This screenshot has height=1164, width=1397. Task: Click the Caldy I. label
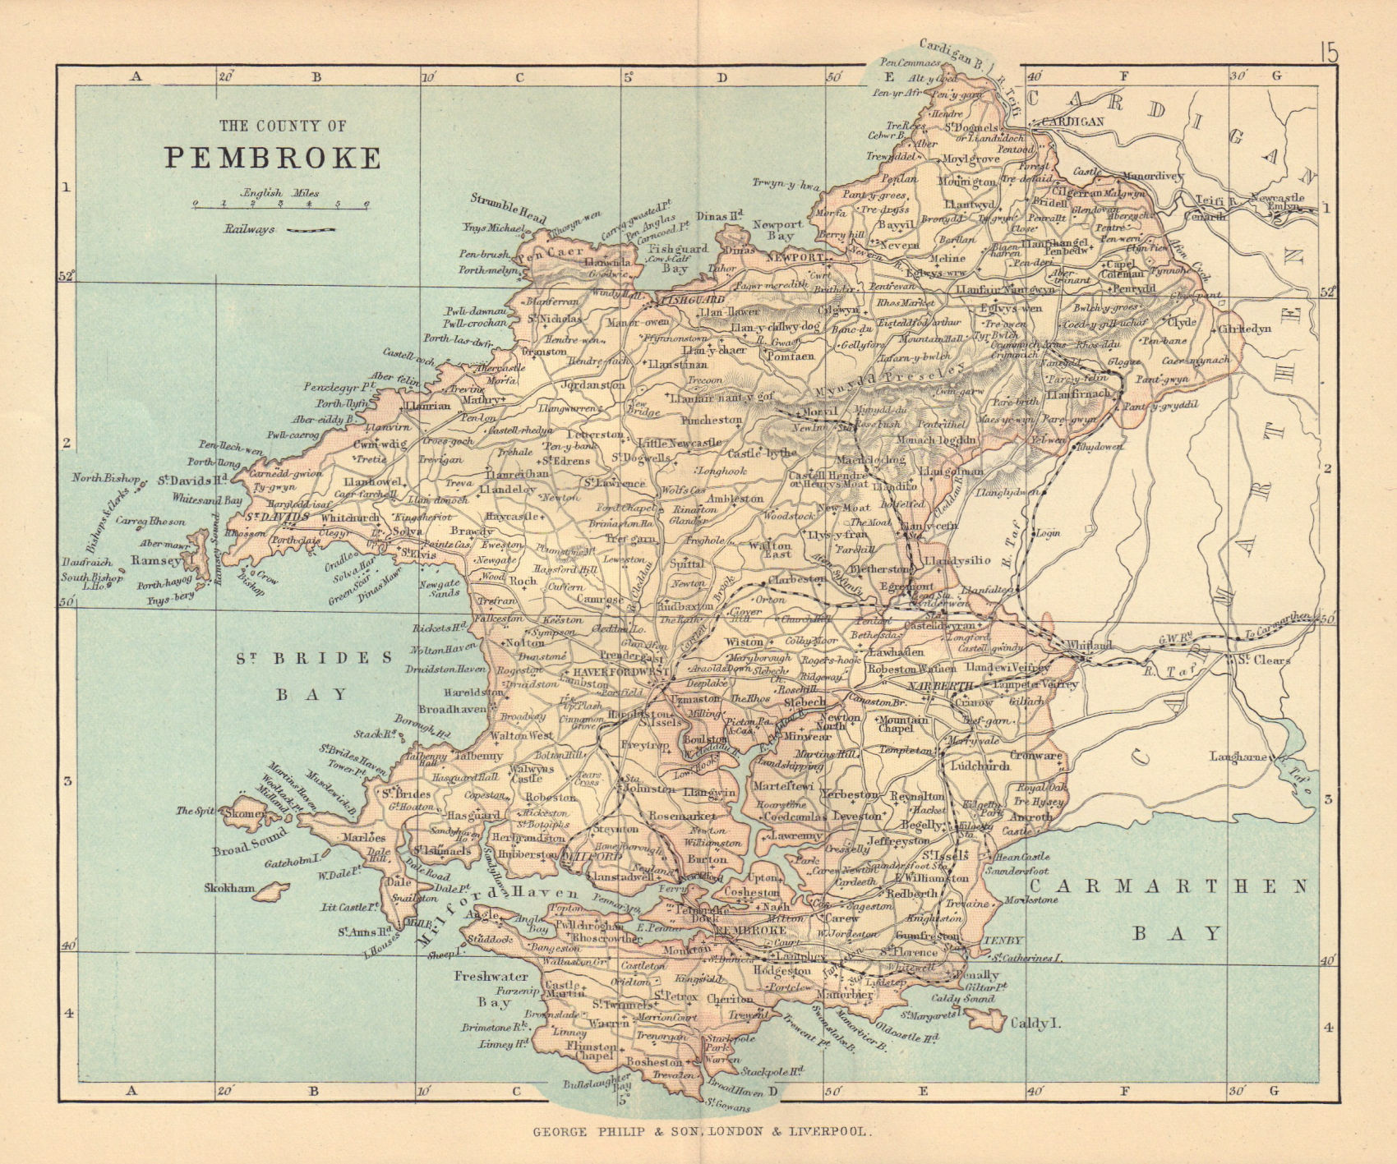pyautogui.click(x=1040, y=1024)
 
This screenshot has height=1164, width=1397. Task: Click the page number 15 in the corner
pyautogui.click(x=1329, y=53)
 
